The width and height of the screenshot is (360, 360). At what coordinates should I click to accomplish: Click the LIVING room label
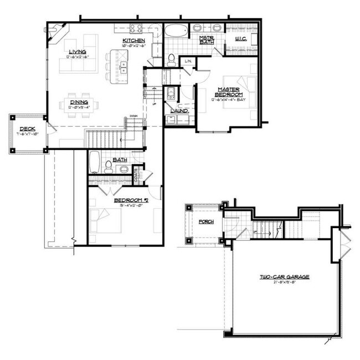78,52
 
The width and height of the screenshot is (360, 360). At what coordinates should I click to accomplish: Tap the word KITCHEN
134,40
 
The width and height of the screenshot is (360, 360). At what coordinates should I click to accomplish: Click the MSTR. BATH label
208,40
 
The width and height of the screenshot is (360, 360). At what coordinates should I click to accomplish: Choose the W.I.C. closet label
240,39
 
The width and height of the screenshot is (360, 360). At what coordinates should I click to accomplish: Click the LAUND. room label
179,111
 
